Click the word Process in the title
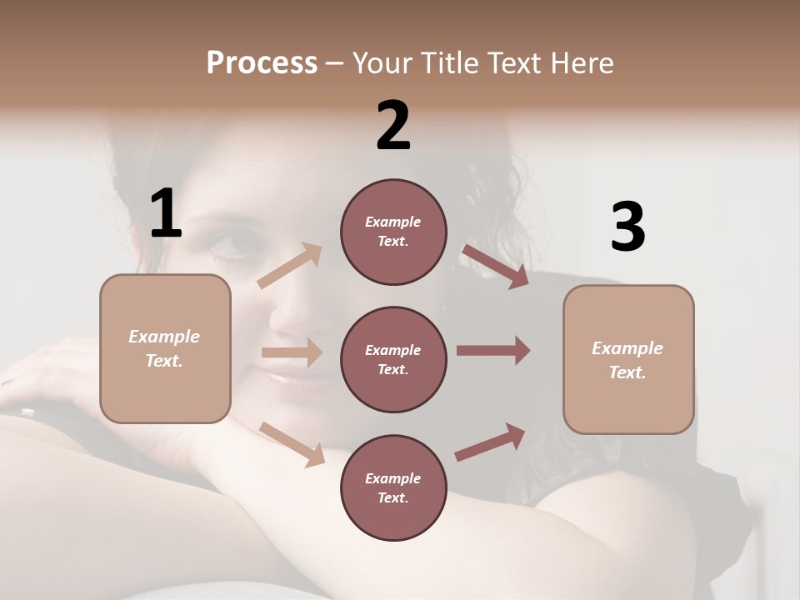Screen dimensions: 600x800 point(262,63)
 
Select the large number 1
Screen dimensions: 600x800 point(166,213)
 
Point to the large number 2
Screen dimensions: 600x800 point(393,126)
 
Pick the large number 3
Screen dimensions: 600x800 point(627,227)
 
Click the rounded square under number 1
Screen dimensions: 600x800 point(165,348)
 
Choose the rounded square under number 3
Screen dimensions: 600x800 point(628,360)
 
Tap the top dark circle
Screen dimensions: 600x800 point(393,232)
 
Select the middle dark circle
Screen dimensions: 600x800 point(393,359)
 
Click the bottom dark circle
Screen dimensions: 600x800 point(393,487)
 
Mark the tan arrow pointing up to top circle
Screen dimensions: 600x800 point(290,266)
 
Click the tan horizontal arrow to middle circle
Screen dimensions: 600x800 point(292,352)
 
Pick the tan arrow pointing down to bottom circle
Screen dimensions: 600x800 point(292,444)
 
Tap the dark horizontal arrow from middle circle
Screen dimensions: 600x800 point(493,350)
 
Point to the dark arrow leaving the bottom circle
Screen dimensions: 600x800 point(490,442)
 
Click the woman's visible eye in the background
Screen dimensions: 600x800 point(228,243)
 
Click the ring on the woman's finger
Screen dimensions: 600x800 point(27,412)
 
